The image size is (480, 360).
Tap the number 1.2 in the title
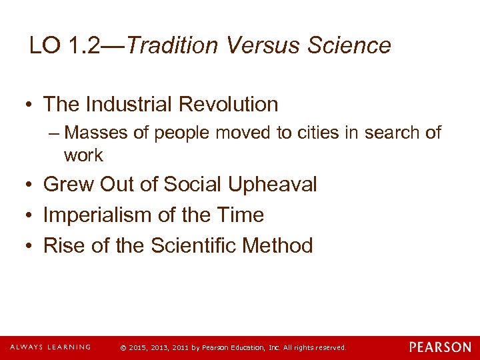88,45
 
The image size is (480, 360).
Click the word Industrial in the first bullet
126,104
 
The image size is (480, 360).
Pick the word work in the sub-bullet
83,155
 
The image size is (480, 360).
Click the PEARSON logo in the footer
440,347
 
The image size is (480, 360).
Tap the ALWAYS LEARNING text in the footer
50,347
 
